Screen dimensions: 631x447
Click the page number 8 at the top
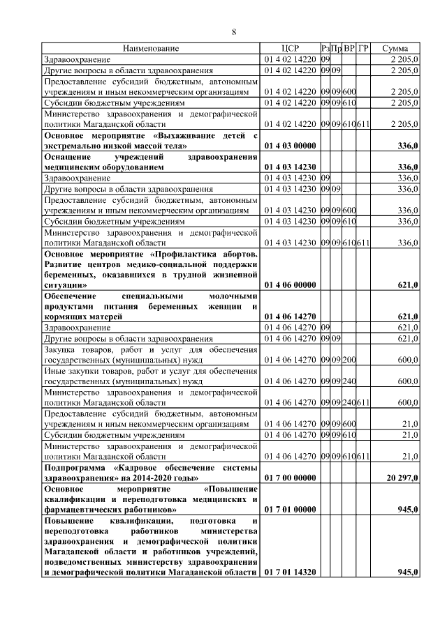tap(234, 32)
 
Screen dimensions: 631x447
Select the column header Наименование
tap(151, 49)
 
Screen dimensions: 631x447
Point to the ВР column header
tap(349, 49)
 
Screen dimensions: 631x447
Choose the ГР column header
tap(362, 49)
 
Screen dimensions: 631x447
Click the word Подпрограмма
tap(75, 466)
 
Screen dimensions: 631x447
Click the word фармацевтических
tap(80, 509)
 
